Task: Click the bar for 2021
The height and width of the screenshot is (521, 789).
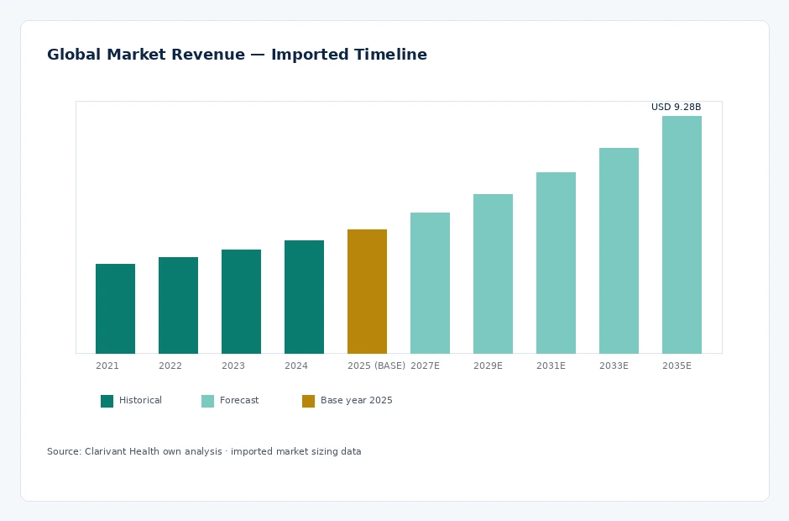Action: click(x=115, y=308)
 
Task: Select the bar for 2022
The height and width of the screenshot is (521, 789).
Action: click(x=178, y=305)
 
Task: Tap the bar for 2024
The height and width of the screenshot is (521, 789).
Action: click(x=304, y=297)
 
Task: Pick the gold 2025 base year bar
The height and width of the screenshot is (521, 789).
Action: click(x=367, y=292)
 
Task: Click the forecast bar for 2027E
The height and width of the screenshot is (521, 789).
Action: click(x=430, y=283)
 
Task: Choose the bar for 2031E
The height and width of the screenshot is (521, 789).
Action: click(x=556, y=263)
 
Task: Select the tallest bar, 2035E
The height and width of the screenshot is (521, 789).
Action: click(x=682, y=234)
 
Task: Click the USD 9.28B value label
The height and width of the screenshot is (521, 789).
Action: click(x=676, y=107)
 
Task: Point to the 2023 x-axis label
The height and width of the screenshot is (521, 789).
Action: click(x=233, y=366)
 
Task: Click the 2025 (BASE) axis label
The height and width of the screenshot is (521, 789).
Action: click(x=376, y=366)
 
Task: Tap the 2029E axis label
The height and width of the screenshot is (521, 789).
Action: click(x=488, y=366)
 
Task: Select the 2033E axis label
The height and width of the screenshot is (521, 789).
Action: click(x=614, y=366)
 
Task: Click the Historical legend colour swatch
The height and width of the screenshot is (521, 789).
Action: click(x=107, y=401)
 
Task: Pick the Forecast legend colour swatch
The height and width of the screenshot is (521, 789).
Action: click(x=207, y=401)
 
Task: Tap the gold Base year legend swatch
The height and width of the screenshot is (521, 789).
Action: click(x=308, y=401)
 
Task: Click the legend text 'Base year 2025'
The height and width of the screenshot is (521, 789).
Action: click(x=356, y=401)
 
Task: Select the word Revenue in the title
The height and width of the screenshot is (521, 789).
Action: click(x=208, y=54)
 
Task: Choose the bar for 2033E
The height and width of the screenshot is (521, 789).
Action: click(x=619, y=251)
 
